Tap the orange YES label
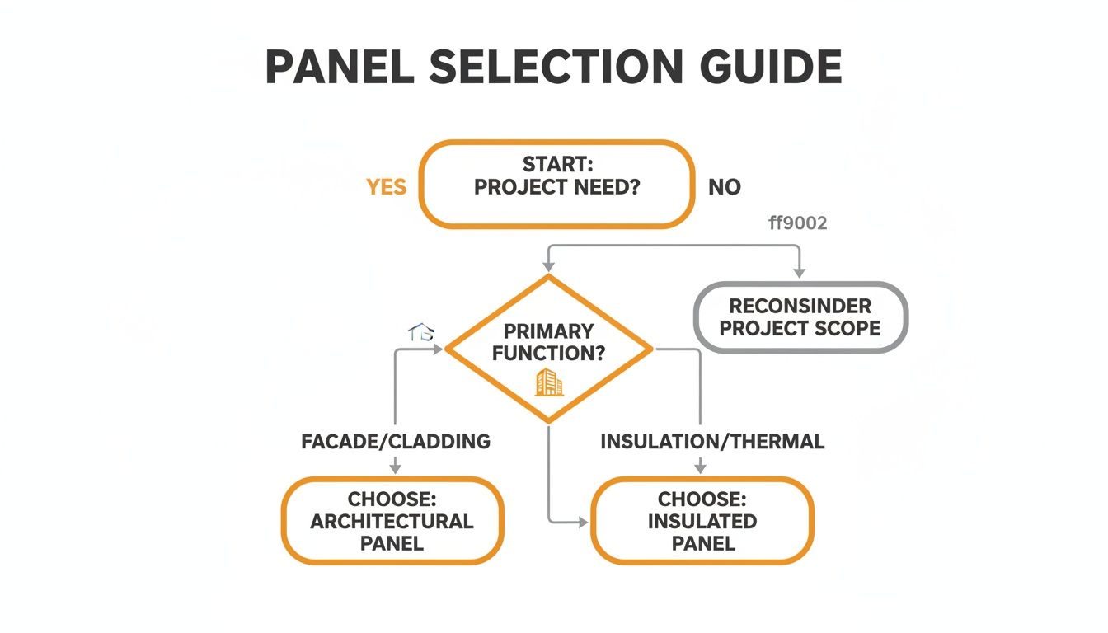point(387,187)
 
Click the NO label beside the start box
point(725,187)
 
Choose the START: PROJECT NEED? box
point(556,184)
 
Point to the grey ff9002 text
point(797,223)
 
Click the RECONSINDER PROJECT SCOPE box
point(800,317)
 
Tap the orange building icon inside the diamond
point(548,382)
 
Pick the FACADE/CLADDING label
point(396,442)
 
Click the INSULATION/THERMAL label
point(712,442)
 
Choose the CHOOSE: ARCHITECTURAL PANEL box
point(392,521)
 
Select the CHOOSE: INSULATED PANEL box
point(702,521)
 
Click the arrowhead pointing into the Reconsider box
point(799,273)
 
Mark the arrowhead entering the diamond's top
point(548,266)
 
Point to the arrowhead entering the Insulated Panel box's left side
point(583,522)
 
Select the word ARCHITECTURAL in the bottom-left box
point(392,522)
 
